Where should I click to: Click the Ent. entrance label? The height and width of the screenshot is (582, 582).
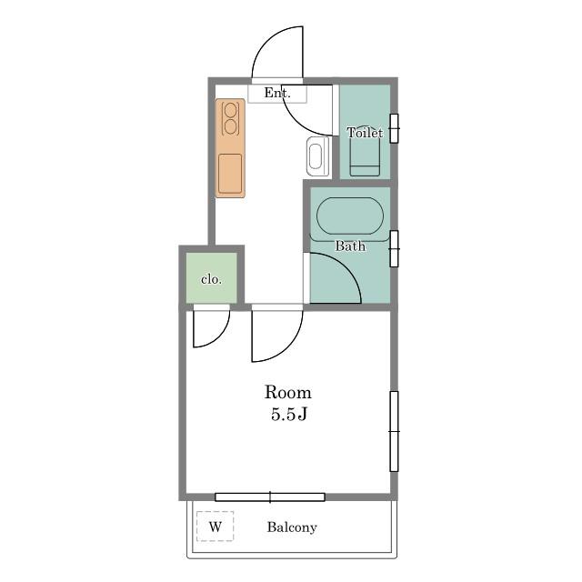[277, 93]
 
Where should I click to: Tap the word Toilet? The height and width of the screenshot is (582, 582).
[365, 133]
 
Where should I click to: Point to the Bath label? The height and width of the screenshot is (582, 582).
[350, 246]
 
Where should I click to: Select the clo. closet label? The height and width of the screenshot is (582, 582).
[211, 279]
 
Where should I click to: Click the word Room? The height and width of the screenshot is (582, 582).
[287, 392]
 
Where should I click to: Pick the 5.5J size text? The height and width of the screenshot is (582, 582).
[289, 415]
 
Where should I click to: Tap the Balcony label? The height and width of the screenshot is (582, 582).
[292, 527]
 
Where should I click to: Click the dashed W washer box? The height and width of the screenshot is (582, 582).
[216, 527]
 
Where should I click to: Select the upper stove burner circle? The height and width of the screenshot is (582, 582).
[230, 110]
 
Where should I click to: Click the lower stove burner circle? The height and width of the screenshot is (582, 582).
[230, 127]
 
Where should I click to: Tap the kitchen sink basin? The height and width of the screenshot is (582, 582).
[230, 174]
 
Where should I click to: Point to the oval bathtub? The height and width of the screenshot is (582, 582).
[350, 216]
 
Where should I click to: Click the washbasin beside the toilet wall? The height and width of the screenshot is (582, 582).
[317, 156]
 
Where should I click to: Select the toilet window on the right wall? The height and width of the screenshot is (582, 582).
[394, 128]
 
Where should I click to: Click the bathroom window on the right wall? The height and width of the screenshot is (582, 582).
[394, 248]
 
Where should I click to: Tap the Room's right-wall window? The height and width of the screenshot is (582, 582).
[394, 431]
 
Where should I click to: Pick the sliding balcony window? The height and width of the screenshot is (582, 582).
[270, 497]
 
